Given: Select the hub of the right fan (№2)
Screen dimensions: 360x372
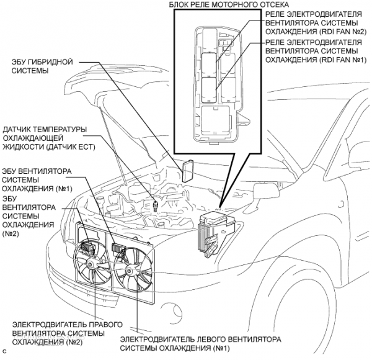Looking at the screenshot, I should (91, 264).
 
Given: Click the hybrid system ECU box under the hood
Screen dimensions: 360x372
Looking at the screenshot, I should (188, 168).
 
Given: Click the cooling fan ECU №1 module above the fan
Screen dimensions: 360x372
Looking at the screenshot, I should (117, 248).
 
